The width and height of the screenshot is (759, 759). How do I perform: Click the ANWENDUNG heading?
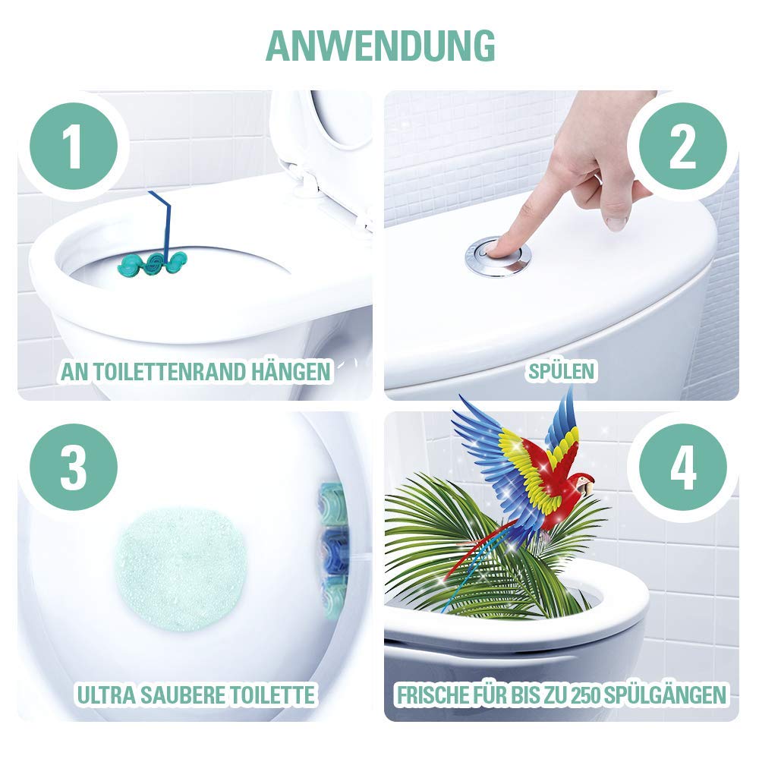380,46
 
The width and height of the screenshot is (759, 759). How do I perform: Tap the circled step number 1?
74,146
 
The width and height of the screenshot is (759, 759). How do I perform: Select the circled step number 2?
682,146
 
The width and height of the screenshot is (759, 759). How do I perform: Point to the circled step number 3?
74,468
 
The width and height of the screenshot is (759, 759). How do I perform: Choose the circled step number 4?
682,468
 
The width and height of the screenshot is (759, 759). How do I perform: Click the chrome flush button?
498,256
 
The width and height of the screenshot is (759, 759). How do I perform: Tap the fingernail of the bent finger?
616,223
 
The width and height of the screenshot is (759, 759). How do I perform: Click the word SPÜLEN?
562,371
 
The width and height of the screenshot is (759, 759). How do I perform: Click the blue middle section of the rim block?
334,551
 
